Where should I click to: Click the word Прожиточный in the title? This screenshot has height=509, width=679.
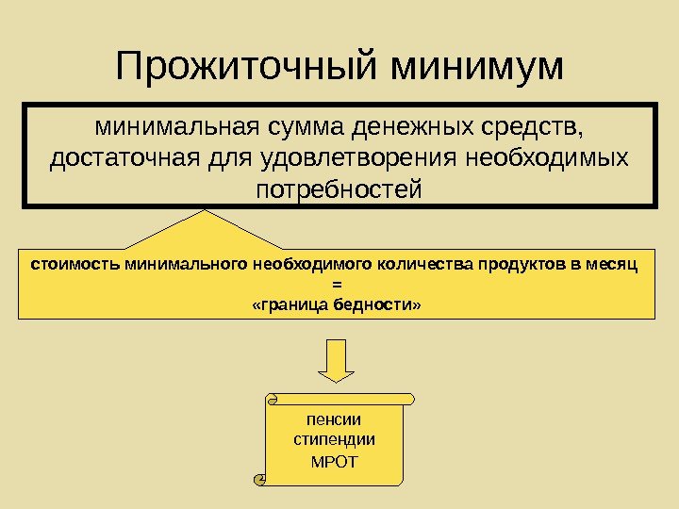click(x=244, y=67)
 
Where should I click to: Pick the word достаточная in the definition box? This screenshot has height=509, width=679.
click(x=120, y=157)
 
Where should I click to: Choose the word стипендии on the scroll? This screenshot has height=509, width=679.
click(x=335, y=440)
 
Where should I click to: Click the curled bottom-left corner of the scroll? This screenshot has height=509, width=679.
click(x=260, y=479)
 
